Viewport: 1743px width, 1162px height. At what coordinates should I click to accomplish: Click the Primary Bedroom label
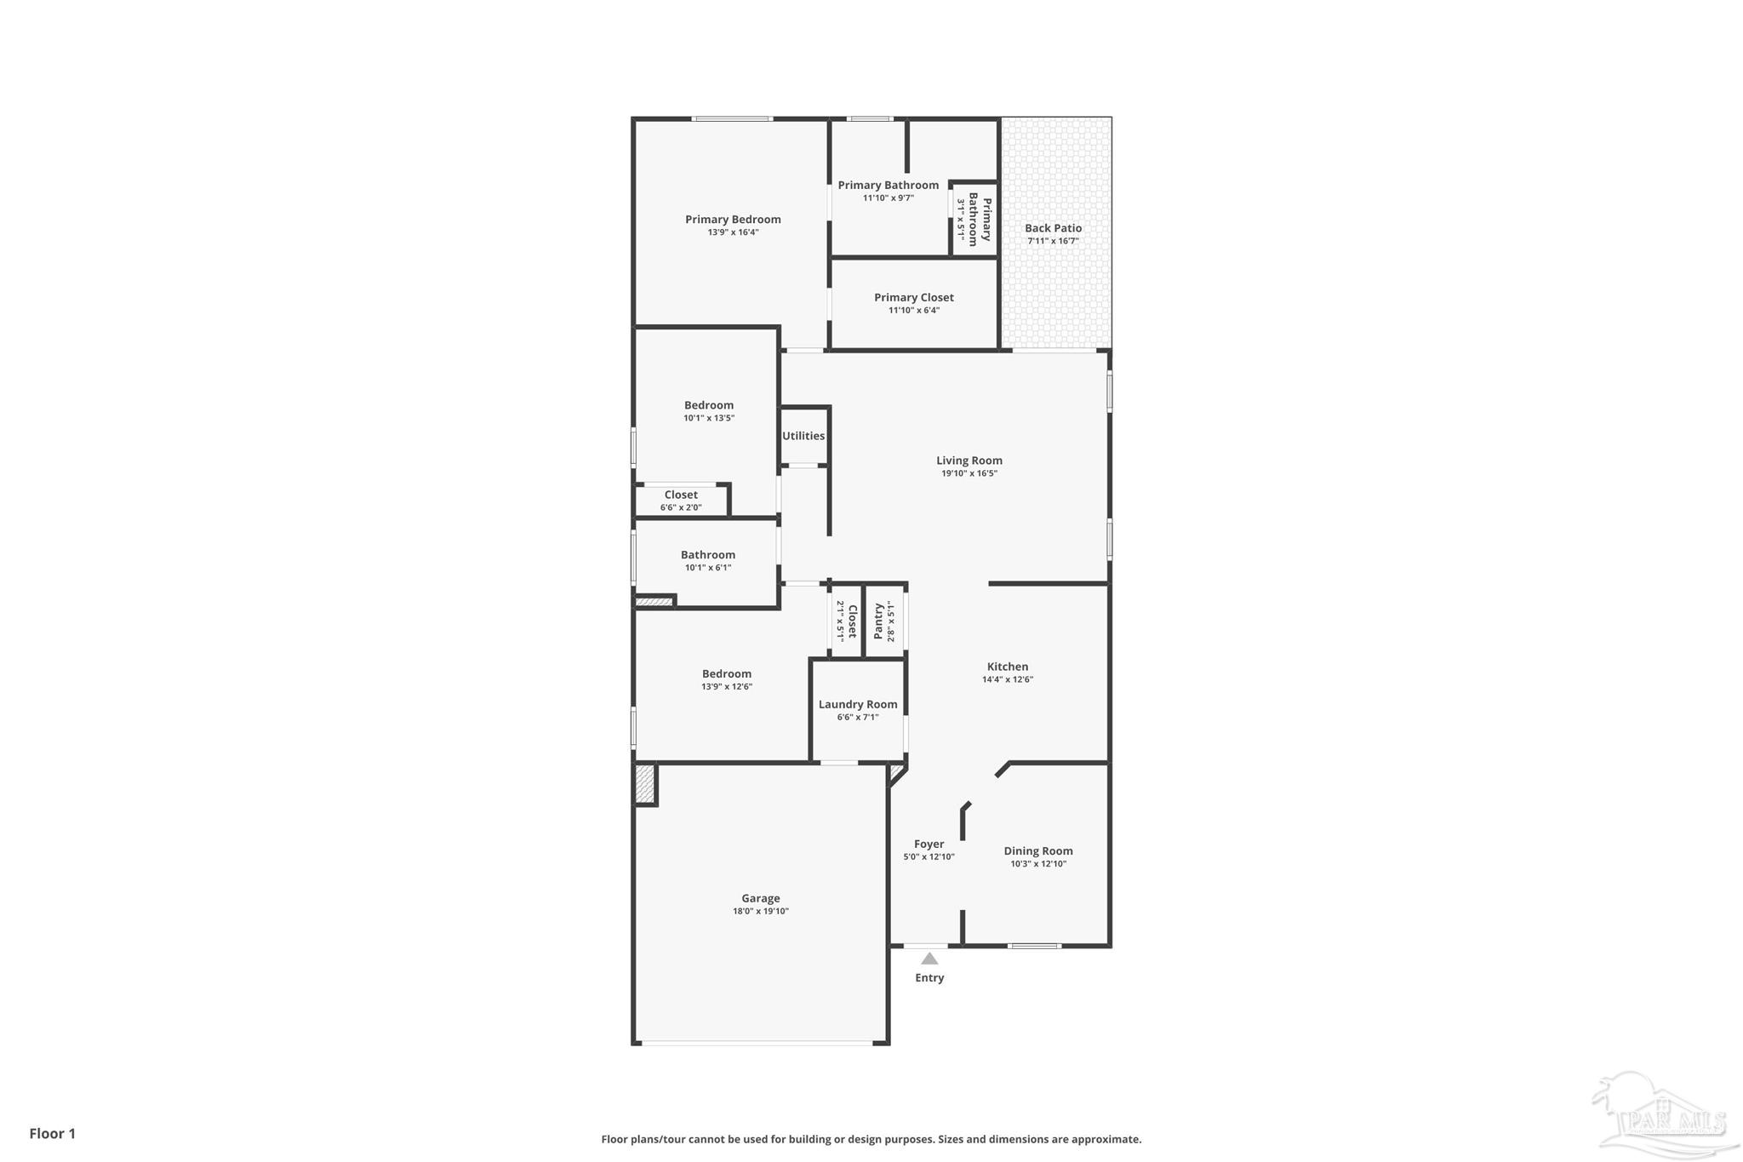tap(733, 220)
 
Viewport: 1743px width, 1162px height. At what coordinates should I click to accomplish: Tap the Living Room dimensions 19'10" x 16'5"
tap(969, 473)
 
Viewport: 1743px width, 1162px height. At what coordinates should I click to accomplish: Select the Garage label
tap(760, 898)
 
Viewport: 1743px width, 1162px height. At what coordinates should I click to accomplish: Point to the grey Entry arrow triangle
tap(929, 959)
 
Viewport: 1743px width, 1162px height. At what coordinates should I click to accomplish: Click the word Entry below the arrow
tap(929, 977)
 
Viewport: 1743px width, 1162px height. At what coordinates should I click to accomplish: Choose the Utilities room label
tap(803, 436)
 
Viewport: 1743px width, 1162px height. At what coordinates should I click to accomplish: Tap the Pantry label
tap(878, 621)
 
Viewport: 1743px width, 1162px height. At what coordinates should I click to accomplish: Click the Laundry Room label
tap(858, 704)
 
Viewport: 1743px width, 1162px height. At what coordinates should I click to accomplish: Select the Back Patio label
tap(1053, 228)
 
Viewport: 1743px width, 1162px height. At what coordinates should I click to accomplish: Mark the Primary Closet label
tap(913, 297)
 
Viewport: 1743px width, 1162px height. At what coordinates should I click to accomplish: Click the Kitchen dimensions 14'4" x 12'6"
tap(1007, 679)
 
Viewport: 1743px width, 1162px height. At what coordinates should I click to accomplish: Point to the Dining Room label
tap(1037, 850)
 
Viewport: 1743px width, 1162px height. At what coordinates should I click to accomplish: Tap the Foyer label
tap(929, 844)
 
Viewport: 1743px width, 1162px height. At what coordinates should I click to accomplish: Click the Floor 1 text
tap(53, 1133)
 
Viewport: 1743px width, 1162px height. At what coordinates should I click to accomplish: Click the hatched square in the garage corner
tap(645, 784)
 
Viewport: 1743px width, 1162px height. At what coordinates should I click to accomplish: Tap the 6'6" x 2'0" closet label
tap(680, 507)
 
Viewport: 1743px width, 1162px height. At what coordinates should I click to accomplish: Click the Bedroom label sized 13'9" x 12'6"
tap(726, 673)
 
